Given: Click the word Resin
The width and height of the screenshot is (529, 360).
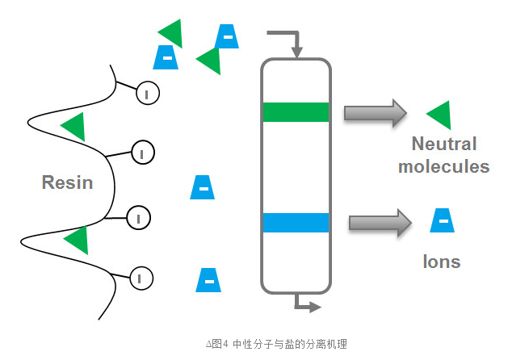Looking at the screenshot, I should (68, 182).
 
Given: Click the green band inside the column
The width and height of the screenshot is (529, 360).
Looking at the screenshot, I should (296, 111).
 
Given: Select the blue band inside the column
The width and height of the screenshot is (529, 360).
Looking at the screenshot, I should (296, 222).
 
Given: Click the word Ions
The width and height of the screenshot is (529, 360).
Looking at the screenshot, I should (442, 262).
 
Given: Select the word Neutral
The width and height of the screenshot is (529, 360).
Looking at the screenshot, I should (444, 144).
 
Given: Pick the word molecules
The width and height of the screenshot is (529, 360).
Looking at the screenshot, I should (444, 167).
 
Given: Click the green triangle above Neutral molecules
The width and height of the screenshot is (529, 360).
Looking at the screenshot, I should (440, 115).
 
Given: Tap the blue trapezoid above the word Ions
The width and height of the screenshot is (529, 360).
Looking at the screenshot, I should (442, 220).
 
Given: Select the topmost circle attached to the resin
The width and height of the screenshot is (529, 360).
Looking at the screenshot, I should (147, 94).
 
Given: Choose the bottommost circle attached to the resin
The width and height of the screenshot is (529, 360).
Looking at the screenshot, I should (141, 278).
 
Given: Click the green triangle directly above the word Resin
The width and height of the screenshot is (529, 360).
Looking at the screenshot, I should (73, 126).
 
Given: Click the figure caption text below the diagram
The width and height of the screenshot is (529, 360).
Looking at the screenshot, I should (277, 344).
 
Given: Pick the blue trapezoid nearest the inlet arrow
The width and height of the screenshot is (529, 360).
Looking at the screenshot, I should (227, 36).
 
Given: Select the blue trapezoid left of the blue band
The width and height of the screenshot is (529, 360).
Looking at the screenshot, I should (203, 186).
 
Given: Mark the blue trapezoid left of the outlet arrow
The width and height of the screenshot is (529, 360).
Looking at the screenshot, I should (208, 279).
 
